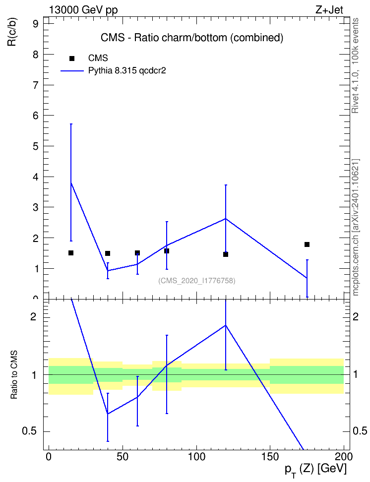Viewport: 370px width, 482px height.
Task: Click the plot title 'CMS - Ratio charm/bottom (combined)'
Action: [x=192, y=38]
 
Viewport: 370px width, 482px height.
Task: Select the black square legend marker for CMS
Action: [x=71, y=58]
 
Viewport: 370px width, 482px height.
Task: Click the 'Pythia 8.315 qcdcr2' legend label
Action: [x=127, y=71]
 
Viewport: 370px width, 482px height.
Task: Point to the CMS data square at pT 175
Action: [x=307, y=244]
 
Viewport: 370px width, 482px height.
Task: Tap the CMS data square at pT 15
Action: [x=71, y=253]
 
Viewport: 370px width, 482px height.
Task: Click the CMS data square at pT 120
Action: [x=226, y=254]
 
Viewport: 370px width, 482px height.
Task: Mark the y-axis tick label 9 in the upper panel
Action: [x=35, y=24]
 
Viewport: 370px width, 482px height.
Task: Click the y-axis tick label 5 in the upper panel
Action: [x=35, y=146]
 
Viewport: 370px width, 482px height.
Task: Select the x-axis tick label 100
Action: [x=196, y=457]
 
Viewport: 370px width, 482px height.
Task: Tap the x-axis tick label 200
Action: [x=344, y=457]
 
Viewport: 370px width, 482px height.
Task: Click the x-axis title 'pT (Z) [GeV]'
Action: [x=315, y=470]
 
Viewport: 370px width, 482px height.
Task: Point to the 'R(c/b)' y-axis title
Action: [x=12, y=32]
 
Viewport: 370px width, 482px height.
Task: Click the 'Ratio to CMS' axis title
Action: [x=14, y=375]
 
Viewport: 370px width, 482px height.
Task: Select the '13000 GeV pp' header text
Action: [x=83, y=10]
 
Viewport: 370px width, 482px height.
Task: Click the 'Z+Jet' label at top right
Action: [x=329, y=10]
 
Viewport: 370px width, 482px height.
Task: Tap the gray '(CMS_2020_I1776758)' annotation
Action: [x=197, y=281]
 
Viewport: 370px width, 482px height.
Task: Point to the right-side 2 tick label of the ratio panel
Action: [x=356, y=316]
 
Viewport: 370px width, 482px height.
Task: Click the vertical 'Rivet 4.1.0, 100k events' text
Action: [x=355, y=65]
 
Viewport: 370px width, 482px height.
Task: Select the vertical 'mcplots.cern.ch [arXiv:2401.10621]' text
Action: [x=356, y=227]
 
